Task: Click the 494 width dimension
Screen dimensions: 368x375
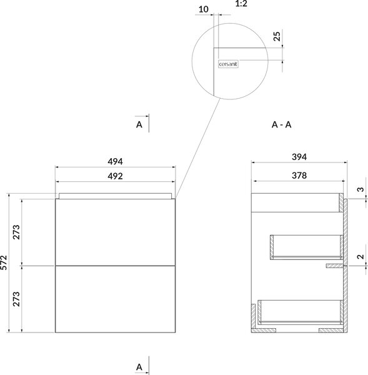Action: click(115, 162)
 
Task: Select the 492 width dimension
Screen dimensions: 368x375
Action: click(115, 176)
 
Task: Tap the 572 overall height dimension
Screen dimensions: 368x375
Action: click(4, 262)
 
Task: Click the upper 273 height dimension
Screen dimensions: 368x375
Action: click(16, 232)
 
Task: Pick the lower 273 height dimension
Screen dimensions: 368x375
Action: click(16, 299)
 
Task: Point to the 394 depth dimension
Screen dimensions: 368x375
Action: click(299, 157)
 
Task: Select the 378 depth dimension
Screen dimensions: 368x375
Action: click(299, 176)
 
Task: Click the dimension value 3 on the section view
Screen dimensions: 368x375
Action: click(361, 189)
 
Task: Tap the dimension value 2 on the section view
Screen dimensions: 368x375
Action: click(361, 257)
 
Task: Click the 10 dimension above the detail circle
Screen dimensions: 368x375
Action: click(204, 9)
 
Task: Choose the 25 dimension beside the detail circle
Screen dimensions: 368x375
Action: click(277, 36)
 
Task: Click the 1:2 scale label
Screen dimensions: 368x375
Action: click(241, 3)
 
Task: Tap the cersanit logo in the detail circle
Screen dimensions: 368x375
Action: click(228, 64)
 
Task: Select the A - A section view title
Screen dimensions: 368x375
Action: click(281, 124)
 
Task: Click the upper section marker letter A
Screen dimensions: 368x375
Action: click(139, 124)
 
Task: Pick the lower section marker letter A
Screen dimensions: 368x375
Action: click(139, 367)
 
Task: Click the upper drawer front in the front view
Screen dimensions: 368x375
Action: click(115, 232)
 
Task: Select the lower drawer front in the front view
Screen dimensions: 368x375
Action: click(115, 299)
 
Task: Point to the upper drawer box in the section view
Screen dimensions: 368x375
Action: click(307, 247)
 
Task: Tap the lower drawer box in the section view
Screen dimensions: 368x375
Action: click(301, 312)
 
